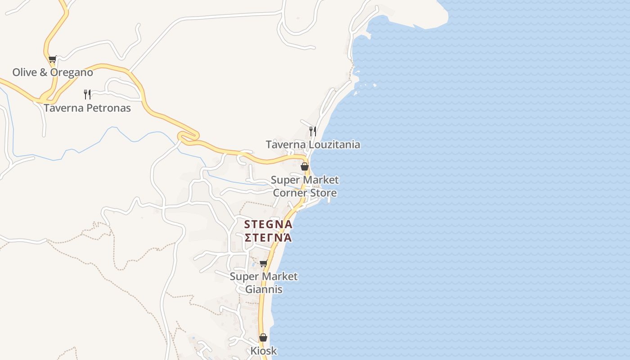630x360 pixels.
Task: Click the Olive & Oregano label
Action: (x=53, y=72)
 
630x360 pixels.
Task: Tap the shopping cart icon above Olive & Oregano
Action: (x=52, y=59)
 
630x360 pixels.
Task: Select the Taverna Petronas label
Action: (x=87, y=108)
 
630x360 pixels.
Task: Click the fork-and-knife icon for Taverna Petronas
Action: (x=87, y=94)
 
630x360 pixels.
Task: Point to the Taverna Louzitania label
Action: (x=313, y=144)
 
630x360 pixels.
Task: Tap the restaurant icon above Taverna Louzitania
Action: (x=312, y=131)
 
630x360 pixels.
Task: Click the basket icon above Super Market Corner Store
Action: (x=305, y=166)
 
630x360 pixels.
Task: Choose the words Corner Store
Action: (x=305, y=193)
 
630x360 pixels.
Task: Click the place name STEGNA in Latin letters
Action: (x=268, y=224)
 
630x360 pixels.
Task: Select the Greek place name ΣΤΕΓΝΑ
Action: (x=268, y=237)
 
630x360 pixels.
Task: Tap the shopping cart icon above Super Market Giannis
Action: (x=264, y=263)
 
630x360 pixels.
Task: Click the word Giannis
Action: (x=264, y=289)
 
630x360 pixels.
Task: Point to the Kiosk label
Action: (x=264, y=351)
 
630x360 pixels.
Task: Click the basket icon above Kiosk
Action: (x=263, y=337)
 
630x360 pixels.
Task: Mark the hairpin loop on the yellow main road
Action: (x=188, y=136)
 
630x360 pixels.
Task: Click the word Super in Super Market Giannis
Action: (x=243, y=276)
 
